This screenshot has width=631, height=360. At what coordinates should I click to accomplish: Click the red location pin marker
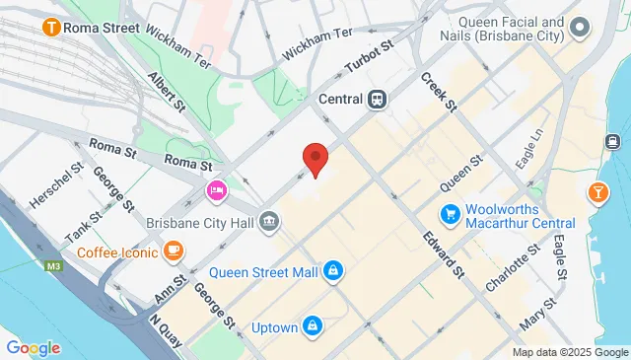pos(315,159)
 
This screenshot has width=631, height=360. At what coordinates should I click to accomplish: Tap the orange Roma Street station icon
pos(48,28)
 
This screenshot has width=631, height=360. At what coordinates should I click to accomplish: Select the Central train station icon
pos(377,99)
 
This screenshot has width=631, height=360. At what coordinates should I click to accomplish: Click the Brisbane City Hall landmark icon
pos(268,222)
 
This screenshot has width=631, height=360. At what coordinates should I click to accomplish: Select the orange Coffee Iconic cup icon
pos(174,251)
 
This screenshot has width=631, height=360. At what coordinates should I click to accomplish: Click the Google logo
pos(33,347)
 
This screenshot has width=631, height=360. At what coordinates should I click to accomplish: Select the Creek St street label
pos(439,91)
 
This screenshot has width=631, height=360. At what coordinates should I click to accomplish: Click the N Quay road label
pos(168,330)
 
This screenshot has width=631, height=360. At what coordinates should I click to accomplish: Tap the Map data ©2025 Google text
pos(570,352)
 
